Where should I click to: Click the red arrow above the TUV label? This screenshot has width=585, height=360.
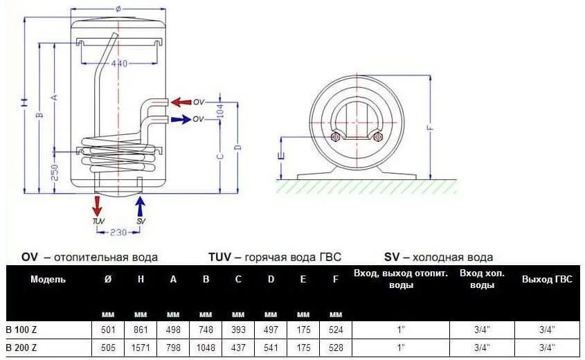click(98, 206)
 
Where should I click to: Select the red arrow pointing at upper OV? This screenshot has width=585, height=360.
click(181, 102)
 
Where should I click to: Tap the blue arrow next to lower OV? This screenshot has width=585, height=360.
click(181, 119)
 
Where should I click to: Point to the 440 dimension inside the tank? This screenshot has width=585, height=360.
click(120, 64)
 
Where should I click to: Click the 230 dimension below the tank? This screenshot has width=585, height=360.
click(118, 232)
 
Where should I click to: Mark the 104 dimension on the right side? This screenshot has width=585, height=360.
click(221, 111)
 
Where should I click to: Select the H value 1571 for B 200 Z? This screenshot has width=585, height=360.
click(141, 347)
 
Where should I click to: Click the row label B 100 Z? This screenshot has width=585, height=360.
click(21, 329)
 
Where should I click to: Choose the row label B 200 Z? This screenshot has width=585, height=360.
click(21, 347)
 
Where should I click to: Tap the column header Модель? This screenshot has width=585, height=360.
click(48, 280)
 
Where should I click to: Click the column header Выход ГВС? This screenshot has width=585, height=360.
click(547, 280)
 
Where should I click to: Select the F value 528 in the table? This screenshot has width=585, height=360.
click(336, 347)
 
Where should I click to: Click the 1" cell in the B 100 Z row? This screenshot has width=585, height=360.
click(401, 329)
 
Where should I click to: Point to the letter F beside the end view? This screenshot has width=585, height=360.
click(430, 127)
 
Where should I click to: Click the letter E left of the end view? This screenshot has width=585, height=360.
click(280, 156)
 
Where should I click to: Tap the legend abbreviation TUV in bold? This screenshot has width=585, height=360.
click(220, 257)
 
